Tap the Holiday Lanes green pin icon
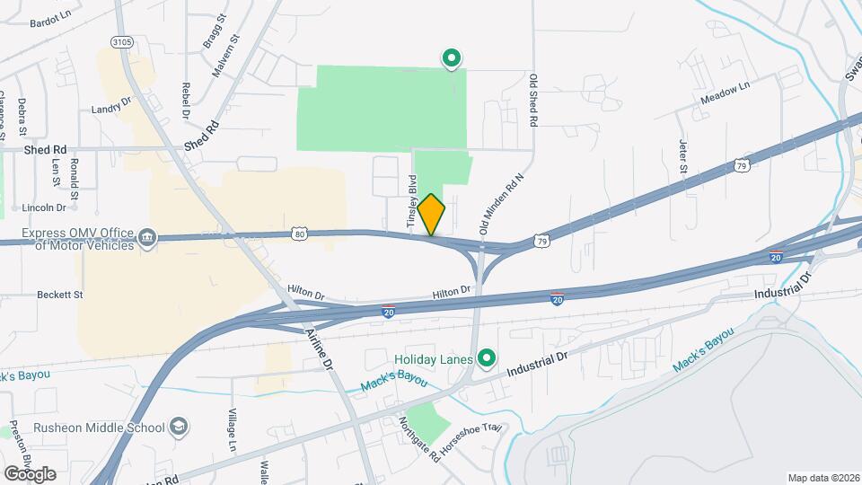tap(488, 359)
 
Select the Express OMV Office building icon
tap(145, 238)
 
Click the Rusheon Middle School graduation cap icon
tap(179, 427)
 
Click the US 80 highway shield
tap(300, 234)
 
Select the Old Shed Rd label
tap(533, 101)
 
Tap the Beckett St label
tap(59, 295)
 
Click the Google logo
tap(29, 474)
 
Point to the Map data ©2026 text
tap(822, 477)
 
